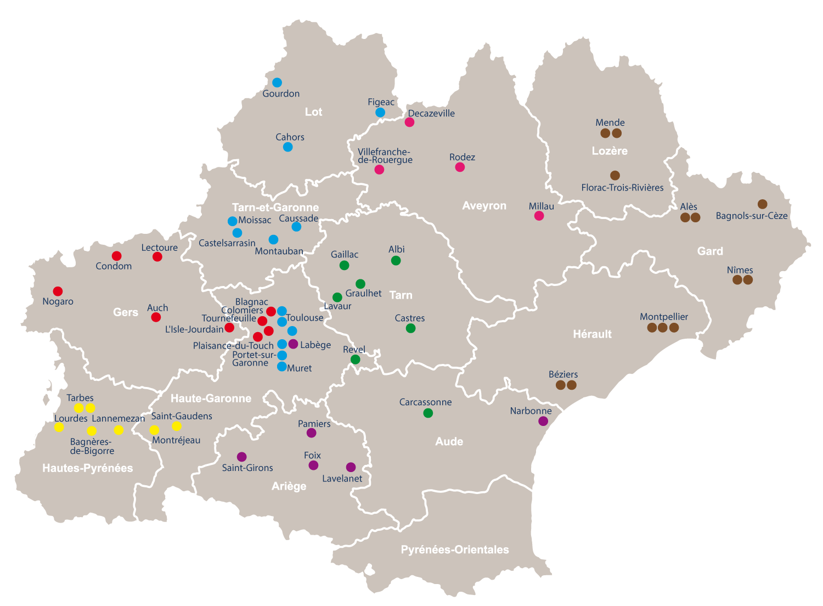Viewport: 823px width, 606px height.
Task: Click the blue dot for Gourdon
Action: tap(277, 82)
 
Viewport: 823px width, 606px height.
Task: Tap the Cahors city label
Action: tap(290, 137)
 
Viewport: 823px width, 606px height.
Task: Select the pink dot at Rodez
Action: tap(460, 167)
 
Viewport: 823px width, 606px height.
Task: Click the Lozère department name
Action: tap(610, 151)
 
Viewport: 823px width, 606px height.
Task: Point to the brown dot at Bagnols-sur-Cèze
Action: tap(762, 204)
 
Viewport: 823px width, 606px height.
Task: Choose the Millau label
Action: tap(542, 206)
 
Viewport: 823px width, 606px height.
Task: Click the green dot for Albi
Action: tap(396, 261)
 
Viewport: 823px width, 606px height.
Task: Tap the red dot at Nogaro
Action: tap(58, 291)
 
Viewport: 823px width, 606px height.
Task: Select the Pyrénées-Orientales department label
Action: tap(455, 549)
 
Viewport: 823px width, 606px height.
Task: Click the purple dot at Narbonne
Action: tap(543, 421)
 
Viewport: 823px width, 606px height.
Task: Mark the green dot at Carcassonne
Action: tap(428, 413)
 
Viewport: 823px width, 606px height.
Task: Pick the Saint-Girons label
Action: tap(247, 468)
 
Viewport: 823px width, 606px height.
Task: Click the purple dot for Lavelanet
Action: tap(351, 467)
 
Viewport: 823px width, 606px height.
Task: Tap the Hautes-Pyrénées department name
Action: tap(88, 468)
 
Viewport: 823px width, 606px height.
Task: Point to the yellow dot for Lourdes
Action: tap(59, 427)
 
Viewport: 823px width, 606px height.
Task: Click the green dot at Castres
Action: tap(410, 328)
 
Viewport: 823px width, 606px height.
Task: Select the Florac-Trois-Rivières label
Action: tap(622, 188)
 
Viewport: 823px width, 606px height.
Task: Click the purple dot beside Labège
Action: tap(293, 344)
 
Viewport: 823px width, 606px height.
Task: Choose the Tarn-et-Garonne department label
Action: tap(275, 207)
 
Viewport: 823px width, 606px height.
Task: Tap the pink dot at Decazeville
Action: tap(409, 122)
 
